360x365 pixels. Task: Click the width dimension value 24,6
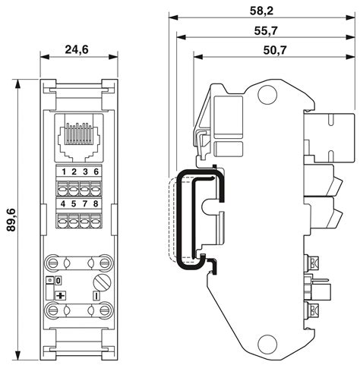(77, 51)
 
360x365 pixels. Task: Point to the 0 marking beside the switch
(58, 281)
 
